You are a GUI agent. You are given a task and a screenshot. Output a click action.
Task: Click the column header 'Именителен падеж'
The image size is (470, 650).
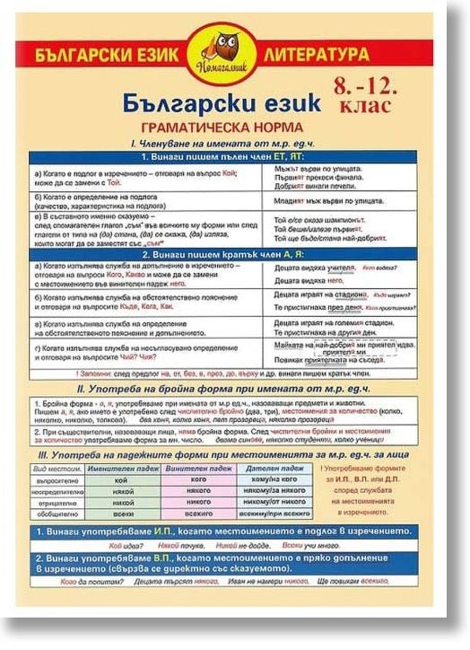120,470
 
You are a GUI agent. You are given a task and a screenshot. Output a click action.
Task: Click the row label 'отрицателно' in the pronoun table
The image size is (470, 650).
59,503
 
